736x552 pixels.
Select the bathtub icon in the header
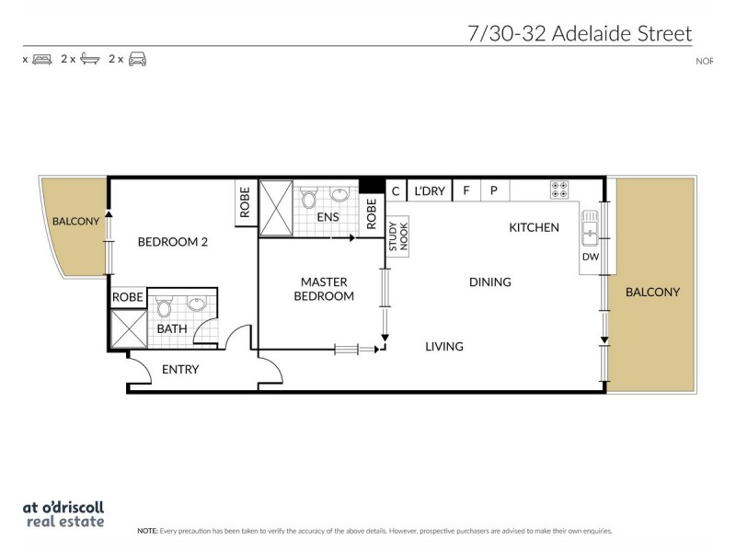(89, 59)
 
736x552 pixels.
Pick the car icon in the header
(137, 59)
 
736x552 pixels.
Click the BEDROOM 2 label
(173, 242)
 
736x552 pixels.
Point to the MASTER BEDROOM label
(324, 289)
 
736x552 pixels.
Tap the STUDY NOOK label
(397, 237)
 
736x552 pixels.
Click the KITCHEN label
(534, 227)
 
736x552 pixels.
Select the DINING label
(489, 282)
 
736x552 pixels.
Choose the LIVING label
(443, 347)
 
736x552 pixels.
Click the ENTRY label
(180, 370)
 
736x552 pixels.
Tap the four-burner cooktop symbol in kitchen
(558, 190)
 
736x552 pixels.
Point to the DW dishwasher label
(590, 258)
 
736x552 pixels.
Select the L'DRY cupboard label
(430, 191)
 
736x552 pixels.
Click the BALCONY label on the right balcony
(652, 293)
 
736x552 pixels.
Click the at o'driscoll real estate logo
(63, 513)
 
